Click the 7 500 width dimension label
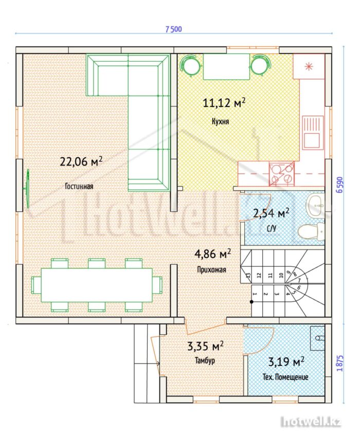point(174,29)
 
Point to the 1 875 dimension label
point(340,363)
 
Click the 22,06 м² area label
point(81,161)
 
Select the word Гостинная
point(79,186)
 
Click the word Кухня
point(220,121)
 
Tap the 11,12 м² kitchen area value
point(224,103)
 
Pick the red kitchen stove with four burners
point(281,173)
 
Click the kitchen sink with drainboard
point(313,133)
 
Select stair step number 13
point(248,276)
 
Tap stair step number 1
point(254,294)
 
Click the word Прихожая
point(211,269)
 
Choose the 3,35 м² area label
point(205,347)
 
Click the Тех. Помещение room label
point(285,377)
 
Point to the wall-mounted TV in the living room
point(27,188)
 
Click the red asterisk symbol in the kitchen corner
point(309,66)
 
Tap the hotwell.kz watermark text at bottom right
point(311,422)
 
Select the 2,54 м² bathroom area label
point(271,213)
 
